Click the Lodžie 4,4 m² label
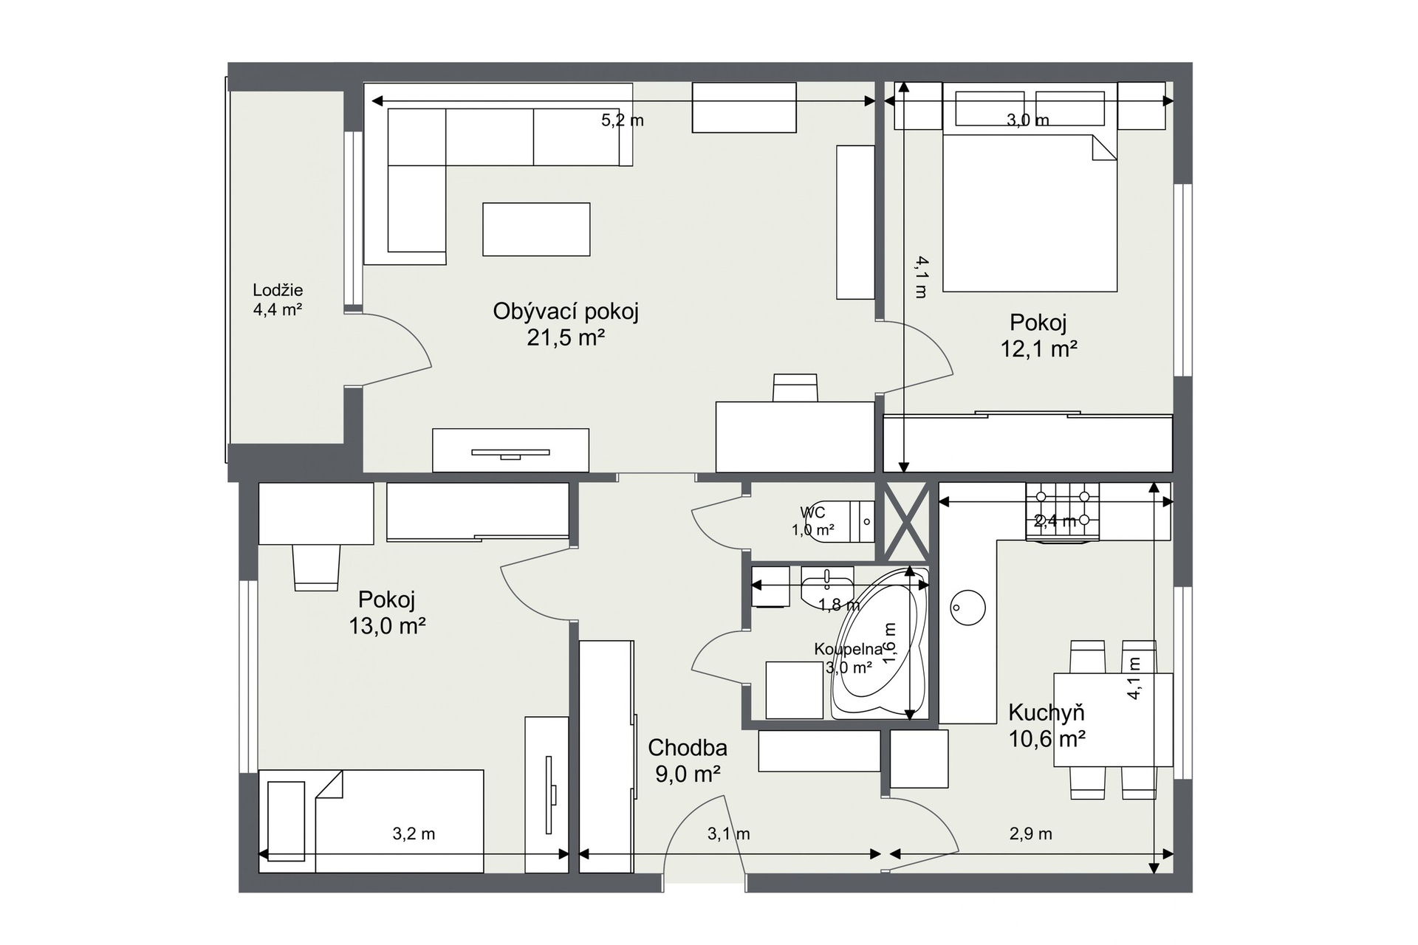278,300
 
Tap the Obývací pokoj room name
566,312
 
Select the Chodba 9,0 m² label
688,760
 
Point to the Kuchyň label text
1047,712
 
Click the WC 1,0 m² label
813,521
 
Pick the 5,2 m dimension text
623,120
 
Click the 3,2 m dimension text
414,834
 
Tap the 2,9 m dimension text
1031,834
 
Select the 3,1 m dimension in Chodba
729,834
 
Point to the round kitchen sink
967,608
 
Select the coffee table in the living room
536,230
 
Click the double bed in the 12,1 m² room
1030,213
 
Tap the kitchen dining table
1113,720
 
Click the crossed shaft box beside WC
906,521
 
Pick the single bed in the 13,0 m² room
371,821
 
